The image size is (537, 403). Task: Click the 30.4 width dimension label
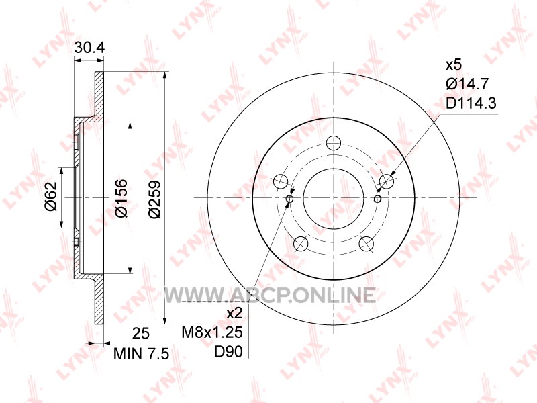pos(89,48)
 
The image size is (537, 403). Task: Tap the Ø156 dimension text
pos(121,198)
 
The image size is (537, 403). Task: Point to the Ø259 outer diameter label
pos(155,198)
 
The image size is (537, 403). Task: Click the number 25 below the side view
pos(141,333)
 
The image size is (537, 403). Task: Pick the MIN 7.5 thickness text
pos(141,354)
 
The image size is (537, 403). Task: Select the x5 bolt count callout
pos(454,64)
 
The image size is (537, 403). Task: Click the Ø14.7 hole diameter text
pos(467,84)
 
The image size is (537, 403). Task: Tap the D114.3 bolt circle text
pos(471,103)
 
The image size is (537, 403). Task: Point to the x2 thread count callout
pos(234,313)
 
